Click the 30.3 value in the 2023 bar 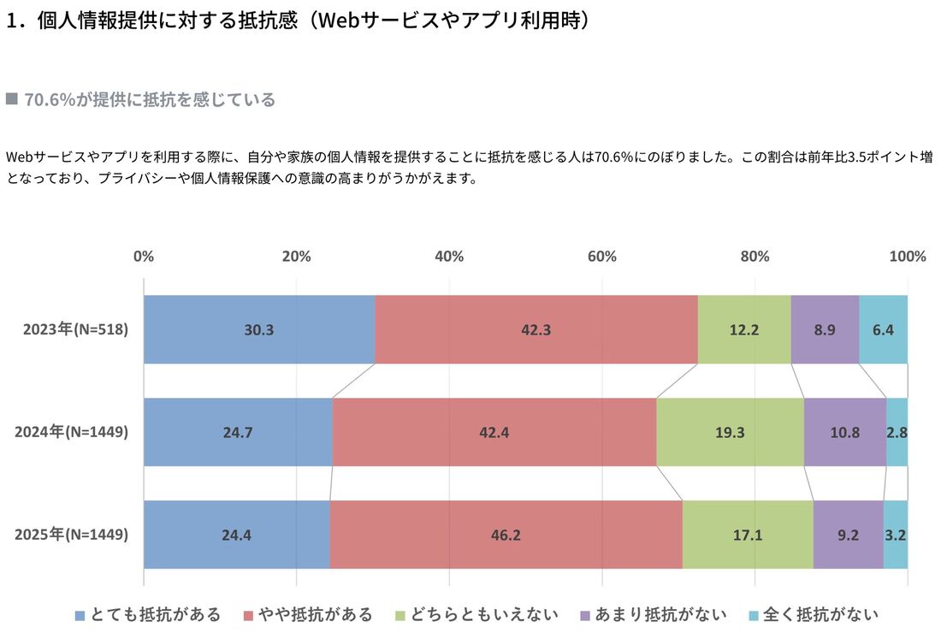258,329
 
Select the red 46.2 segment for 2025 506,535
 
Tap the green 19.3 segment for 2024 730,432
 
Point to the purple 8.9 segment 825,329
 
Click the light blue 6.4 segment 883,329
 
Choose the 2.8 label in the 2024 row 897,432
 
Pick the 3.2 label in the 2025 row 896,535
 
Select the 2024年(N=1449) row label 72,432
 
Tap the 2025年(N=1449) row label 72,535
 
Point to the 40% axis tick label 449,257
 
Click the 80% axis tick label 755,257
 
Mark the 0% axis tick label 144,257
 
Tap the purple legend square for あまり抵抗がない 585,615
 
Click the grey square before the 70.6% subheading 12,99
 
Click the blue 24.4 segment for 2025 236,535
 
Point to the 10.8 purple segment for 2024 844,432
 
